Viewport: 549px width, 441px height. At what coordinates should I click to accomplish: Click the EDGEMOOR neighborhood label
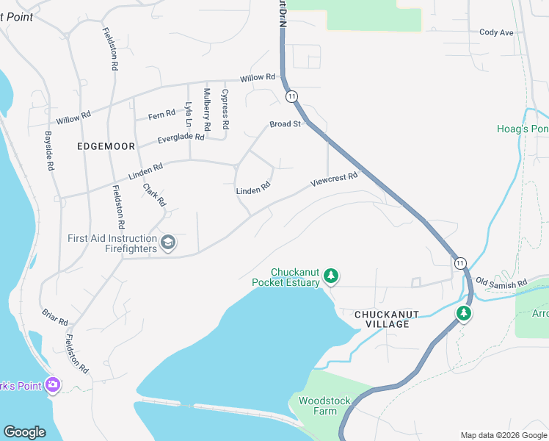coord(106,146)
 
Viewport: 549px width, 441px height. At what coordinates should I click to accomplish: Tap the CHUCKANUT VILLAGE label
coord(386,314)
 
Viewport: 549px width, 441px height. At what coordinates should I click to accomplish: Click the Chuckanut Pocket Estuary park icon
coord(332,276)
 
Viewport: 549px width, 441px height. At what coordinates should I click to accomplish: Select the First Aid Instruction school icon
coord(168,243)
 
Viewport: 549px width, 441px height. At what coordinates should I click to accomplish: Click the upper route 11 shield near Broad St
coord(292,96)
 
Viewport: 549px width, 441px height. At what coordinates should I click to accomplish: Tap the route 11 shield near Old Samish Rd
coord(459,262)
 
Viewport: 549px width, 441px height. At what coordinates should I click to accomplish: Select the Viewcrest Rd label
coord(334,179)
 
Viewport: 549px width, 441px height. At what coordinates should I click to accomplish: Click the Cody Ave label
coord(496,32)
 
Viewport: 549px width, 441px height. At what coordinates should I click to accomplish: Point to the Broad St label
coord(286,124)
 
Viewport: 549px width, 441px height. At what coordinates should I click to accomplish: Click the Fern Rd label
coord(161,115)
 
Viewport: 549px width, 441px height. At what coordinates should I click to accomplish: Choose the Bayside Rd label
coord(50,151)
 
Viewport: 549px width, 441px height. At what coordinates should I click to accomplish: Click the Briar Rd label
coord(55,317)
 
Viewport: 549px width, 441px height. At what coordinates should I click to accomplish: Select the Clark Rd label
coord(155,195)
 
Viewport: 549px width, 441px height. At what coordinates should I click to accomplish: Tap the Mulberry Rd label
coord(207,110)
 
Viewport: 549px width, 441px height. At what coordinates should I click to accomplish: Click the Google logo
coord(24,432)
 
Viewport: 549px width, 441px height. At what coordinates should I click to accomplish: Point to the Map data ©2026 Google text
coord(503,435)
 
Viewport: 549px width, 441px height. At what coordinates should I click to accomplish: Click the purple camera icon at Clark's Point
coord(52,384)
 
